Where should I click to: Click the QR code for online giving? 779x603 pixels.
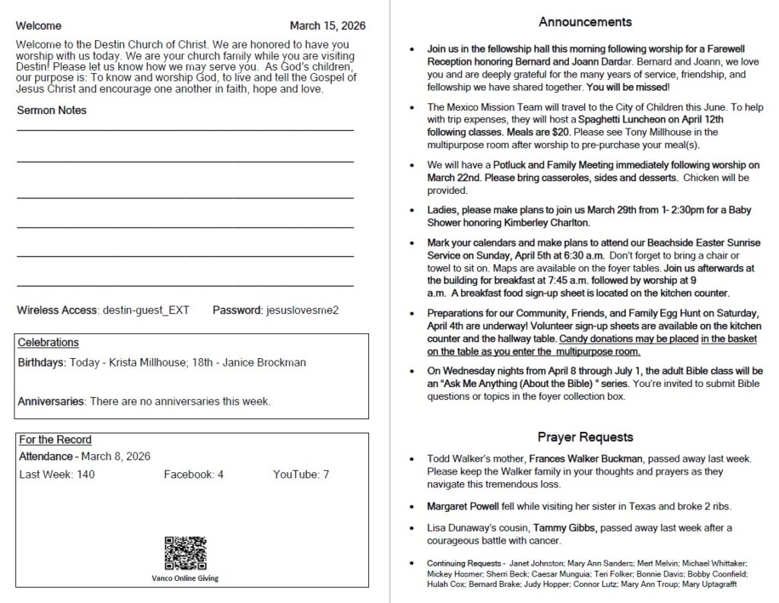click(185, 554)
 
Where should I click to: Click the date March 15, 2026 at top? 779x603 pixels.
click(327, 26)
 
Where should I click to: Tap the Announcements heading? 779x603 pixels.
click(585, 21)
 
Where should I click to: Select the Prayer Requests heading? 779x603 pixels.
click(585, 437)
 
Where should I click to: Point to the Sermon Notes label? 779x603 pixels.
click(52, 110)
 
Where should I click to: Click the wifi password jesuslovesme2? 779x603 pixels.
click(301, 310)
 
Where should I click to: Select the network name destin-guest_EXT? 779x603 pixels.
click(146, 310)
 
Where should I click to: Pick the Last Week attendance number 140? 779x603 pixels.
click(85, 474)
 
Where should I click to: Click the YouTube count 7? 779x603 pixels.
click(326, 474)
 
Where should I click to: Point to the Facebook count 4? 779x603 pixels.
click(220, 474)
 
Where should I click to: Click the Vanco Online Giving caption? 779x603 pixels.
click(185, 578)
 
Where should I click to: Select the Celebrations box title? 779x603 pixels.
click(48, 343)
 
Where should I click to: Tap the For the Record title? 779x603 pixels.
click(55, 440)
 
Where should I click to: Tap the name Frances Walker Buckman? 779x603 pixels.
click(587, 459)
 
